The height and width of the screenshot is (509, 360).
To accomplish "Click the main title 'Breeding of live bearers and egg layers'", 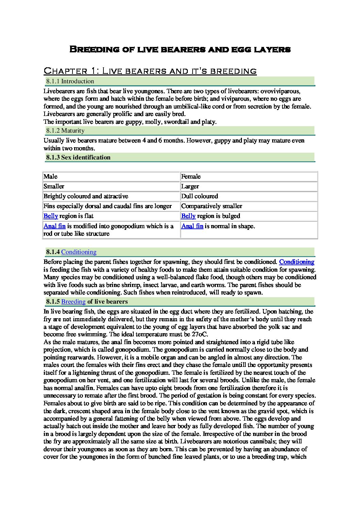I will coord(180,49).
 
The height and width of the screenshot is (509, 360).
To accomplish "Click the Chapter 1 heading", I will coord(150,71).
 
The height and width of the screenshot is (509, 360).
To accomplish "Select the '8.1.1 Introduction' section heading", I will coord(70,81).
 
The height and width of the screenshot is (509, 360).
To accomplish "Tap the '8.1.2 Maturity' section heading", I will coord(65,131).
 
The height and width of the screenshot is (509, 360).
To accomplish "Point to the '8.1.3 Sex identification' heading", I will coord(78,157).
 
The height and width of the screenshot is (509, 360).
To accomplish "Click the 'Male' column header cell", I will coord(50,176).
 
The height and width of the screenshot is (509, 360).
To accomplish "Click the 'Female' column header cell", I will coord(191,176).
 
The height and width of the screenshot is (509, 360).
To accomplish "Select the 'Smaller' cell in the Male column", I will coord(54,186).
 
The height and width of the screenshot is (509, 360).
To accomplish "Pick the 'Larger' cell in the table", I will coord(190,186).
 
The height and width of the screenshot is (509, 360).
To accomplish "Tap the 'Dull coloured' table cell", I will coord(199,196).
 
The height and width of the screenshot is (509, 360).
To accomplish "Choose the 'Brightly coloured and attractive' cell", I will coord(86,196).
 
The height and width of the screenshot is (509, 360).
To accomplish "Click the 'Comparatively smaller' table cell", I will coord(212,206).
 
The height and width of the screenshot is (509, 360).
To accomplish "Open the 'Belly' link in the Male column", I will coord(50,216).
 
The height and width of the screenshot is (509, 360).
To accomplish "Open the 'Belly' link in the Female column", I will coord(188,216).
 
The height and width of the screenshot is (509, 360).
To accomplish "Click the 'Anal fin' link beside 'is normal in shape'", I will coord(192,226).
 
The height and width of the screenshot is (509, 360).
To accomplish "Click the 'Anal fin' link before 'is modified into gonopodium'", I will coord(54,226).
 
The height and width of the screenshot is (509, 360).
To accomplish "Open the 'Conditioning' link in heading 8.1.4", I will coord(79,252).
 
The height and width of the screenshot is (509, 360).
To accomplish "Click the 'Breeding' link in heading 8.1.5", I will coord(73,302).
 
